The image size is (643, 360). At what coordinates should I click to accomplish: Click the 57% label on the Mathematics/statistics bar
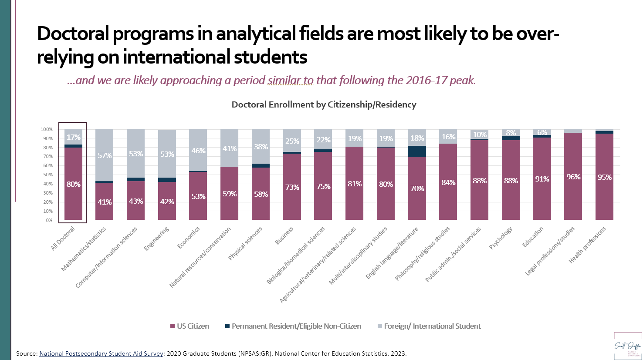105,155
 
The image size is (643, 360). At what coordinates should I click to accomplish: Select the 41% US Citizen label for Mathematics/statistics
105,202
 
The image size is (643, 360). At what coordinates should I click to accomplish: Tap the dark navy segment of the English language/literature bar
417,151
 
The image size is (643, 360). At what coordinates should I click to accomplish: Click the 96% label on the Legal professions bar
573,177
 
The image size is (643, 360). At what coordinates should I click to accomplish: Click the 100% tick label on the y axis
46,129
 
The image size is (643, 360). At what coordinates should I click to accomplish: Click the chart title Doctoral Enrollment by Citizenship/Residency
324,104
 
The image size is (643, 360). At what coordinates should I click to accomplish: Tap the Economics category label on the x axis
189,238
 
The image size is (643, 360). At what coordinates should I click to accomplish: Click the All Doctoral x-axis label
63,238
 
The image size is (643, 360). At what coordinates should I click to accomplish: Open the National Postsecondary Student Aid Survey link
101,353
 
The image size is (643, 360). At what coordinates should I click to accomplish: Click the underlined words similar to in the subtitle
290,81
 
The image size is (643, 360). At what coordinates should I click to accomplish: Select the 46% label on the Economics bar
198,151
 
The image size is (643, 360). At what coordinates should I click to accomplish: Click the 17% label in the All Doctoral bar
73,137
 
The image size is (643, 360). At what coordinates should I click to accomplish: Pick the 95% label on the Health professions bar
604,177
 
